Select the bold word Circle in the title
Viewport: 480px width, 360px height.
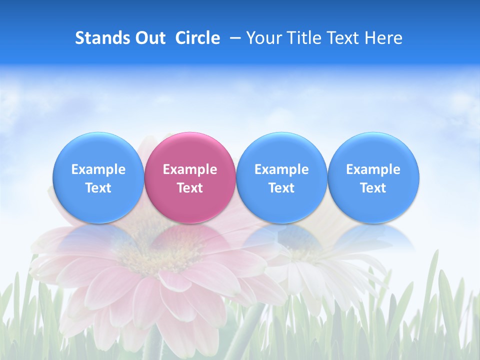(197, 38)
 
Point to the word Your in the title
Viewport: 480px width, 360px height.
(263, 38)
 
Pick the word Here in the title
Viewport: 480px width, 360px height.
(383, 38)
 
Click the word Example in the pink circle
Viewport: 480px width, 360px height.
(190, 169)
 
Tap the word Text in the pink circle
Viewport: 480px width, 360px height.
(190, 188)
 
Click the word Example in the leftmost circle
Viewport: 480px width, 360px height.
(98, 169)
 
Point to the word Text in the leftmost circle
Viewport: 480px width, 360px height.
(98, 188)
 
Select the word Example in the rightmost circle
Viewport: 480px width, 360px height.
(373, 169)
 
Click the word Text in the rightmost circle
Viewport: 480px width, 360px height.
(373, 188)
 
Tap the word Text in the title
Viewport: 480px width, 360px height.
(343, 38)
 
